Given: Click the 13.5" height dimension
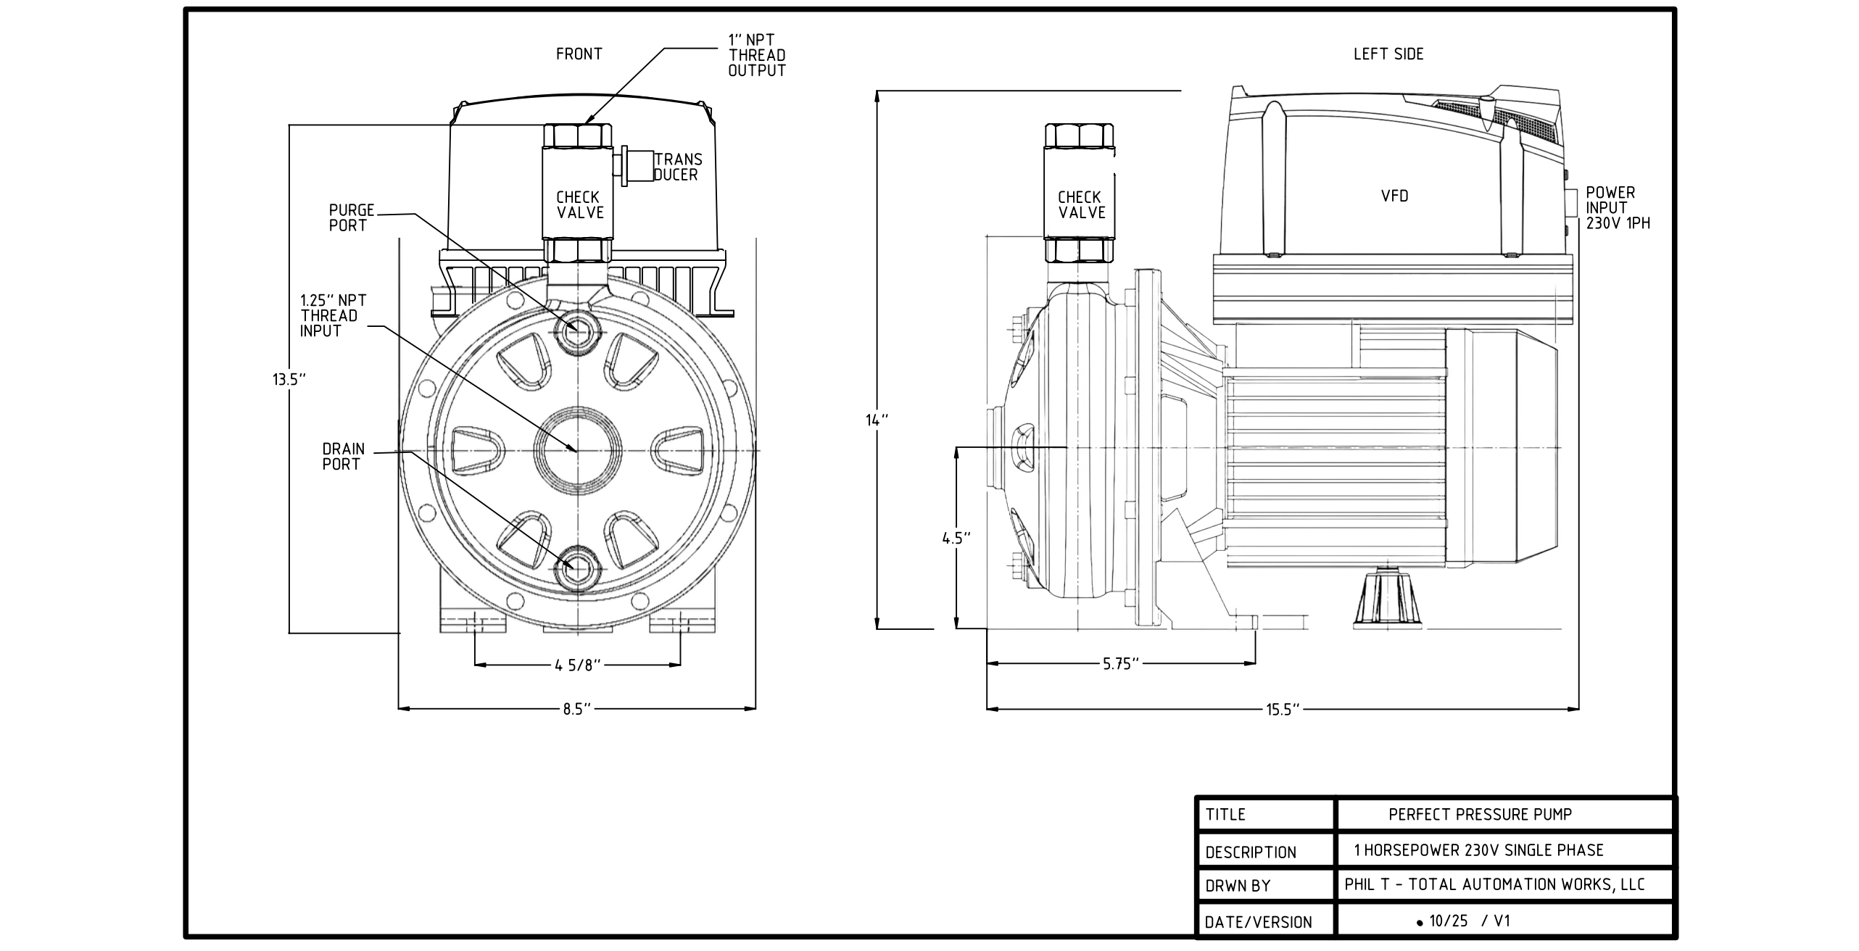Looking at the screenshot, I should [289, 379].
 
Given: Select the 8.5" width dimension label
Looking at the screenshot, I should [577, 710].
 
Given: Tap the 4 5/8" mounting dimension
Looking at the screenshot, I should [578, 665].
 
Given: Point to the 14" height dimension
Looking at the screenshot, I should [877, 420].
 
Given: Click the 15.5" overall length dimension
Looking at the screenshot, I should [1283, 710].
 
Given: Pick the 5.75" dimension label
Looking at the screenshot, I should [1121, 664].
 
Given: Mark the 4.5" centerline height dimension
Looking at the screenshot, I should [956, 538].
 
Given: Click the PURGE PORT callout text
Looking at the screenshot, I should [351, 217].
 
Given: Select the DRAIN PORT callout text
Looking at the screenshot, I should [343, 457].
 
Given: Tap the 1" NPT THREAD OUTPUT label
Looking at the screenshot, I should [756, 55].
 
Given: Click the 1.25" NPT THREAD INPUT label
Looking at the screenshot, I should [333, 315].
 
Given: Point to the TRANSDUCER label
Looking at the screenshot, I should [677, 167].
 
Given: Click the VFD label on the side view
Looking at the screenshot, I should [1394, 196].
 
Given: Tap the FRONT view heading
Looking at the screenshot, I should [579, 54].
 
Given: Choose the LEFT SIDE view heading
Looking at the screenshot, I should [1388, 54].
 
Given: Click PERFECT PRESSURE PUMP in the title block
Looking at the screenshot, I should [1480, 815].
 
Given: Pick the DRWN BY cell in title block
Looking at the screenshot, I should [1238, 886].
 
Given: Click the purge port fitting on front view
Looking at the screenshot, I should [578, 331].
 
